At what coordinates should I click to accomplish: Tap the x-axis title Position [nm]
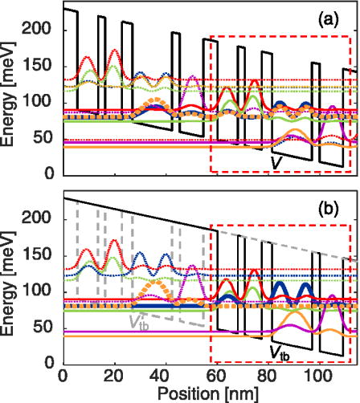pos(211,394)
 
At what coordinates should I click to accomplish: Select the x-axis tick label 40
pos(165,377)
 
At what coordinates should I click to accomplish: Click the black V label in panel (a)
pos(276,161)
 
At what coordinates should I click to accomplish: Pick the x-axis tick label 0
pos(63,377)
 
